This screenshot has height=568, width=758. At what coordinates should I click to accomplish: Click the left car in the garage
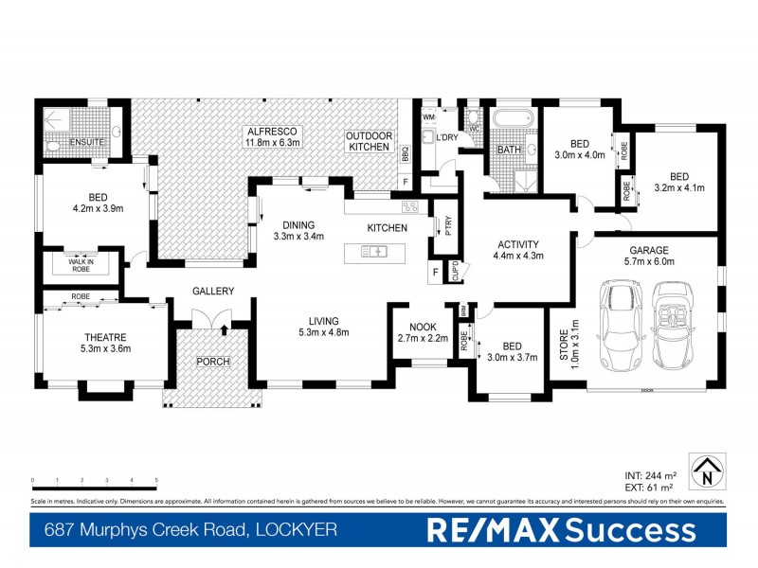[621, 325]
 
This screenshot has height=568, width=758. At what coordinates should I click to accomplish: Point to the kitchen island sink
[375, 251]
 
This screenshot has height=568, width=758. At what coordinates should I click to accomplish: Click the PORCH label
[212, 362]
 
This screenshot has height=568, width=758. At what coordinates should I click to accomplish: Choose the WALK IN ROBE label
[81, 266]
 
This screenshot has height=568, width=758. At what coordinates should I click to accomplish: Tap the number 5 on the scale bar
[156, 481]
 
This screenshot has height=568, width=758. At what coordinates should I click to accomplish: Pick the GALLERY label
[212, 291]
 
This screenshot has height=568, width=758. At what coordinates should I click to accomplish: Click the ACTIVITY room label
[518, 244]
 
